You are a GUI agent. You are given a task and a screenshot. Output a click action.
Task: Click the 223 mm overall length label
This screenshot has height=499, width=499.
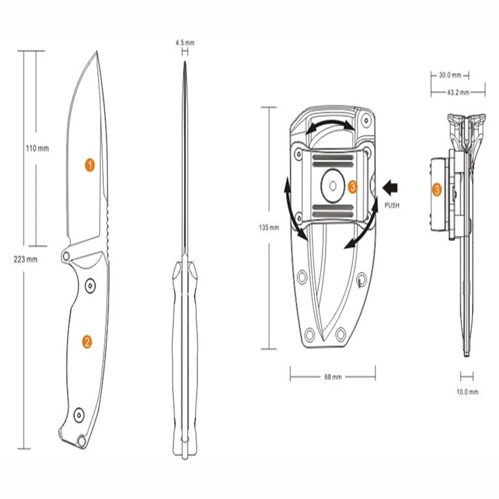(x=25, y=259)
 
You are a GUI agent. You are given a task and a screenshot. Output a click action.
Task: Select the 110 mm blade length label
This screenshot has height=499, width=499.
(x=37, y=148)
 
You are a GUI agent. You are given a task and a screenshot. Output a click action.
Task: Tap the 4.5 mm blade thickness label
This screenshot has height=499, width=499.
(x=185, y=42)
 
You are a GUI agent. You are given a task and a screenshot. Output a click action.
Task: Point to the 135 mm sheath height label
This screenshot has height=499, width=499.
(x=269, y=228)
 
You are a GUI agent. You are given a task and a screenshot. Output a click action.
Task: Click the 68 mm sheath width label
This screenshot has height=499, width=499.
(x=333, y=377)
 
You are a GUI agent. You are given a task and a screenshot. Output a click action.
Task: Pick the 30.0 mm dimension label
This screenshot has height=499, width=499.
(x=450, y=75)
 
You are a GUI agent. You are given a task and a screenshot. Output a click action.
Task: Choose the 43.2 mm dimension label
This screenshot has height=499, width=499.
(x=458, y=93)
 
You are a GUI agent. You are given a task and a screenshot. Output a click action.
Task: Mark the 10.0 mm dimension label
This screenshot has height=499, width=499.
(x=467, y=392)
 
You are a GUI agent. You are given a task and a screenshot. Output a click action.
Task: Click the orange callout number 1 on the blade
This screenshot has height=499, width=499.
(x=90, y=165)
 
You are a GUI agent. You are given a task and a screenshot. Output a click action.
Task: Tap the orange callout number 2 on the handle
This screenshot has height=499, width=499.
(x=86, y=342)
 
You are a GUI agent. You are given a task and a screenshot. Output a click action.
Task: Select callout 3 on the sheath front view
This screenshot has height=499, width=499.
(x=352, y=187)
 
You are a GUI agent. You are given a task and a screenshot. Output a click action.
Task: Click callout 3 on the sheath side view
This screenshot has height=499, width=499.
(x=437, y=190)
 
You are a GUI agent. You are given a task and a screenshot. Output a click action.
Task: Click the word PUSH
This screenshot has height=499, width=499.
(x=392, y=205)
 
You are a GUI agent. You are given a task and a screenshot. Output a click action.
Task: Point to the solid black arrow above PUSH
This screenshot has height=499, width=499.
(x=390, y=188)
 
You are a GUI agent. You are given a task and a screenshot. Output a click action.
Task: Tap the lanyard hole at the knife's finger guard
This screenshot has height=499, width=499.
(x=66, y=256)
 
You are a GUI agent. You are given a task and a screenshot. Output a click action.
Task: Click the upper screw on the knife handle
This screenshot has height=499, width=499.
(x=91, y=286)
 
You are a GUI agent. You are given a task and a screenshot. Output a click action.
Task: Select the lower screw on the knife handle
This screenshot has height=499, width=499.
(x=79, y=415)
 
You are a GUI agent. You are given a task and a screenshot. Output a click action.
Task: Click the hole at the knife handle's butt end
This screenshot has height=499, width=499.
(x=82, y=441)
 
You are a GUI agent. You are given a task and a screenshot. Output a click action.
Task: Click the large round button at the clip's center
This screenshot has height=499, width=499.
(x=333, y=186)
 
